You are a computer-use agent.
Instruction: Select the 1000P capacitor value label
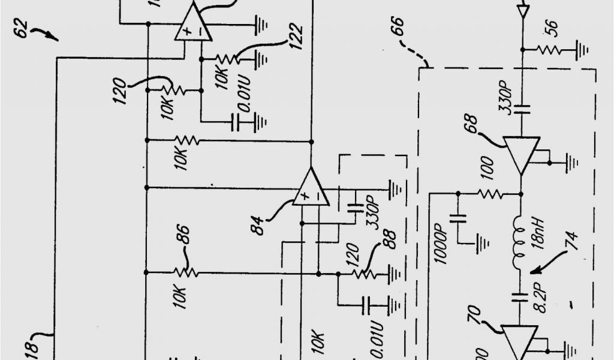point(438,246)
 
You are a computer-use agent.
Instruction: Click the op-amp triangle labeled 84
point(311,188)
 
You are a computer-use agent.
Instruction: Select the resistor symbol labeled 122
point(228,59)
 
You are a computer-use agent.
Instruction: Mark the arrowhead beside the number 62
point(55,39)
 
